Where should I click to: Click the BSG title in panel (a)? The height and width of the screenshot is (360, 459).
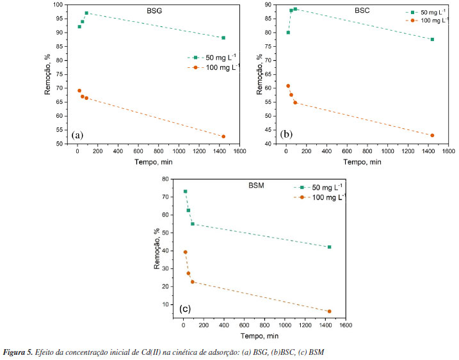[149, 10]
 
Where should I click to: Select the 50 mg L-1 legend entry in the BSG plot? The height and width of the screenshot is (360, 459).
[213, 58]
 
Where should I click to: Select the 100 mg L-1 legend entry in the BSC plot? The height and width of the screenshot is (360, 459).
[423, 22]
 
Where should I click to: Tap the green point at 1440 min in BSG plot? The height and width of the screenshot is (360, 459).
[223, 38]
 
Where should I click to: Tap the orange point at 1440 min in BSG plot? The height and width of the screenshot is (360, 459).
[223, 136]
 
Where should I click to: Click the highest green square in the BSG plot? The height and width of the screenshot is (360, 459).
[86, 13]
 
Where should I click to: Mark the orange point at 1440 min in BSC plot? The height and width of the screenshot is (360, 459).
[432, 135]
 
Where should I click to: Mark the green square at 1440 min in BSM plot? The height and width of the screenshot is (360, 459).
[329, 247]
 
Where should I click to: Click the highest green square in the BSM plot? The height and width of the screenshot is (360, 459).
[185, 192]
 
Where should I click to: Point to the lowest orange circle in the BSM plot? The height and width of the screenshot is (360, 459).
[329, 311]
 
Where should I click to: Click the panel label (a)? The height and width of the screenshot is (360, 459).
[77, 135]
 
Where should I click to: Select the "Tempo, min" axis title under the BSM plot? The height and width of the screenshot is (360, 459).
[259, 336]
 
